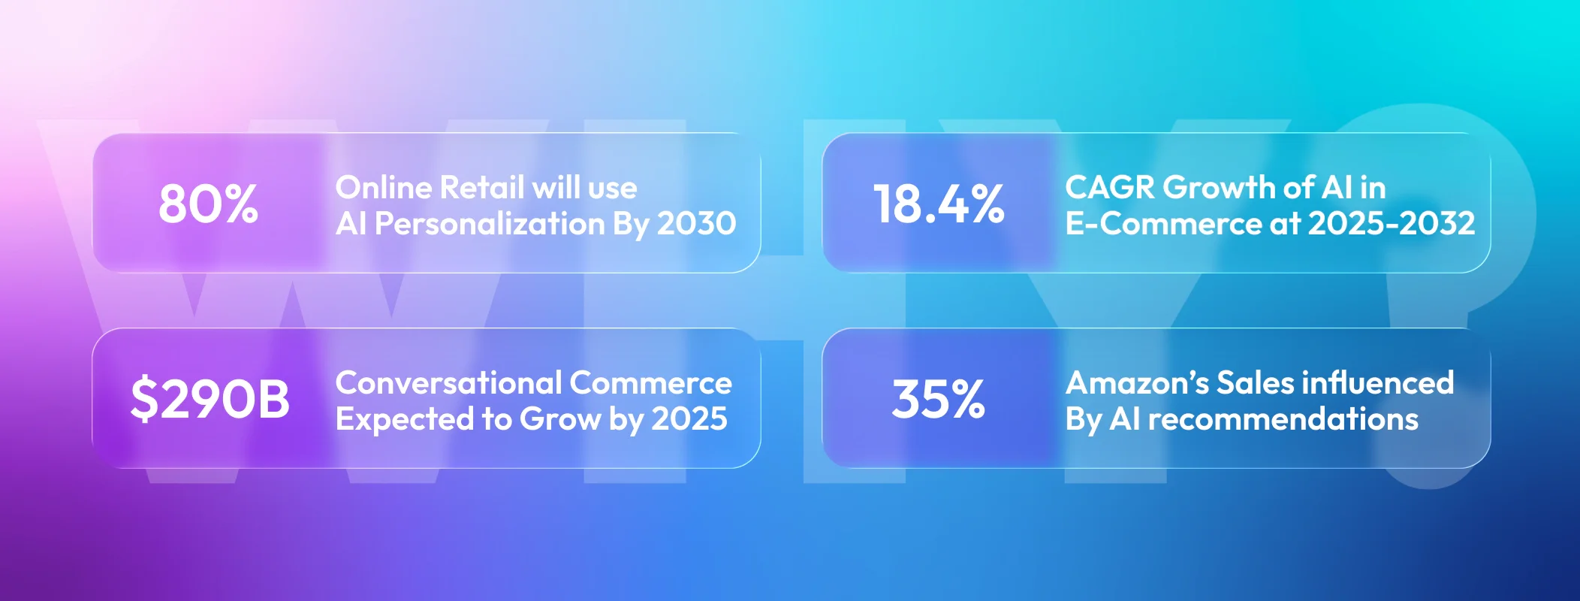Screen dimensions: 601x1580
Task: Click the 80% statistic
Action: click(x=208, y=204)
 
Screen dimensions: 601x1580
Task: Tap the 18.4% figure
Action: click(x=939, y=204)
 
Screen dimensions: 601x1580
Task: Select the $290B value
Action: click(x=210, y=399)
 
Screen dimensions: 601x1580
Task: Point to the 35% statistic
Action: click(x=939, y=399)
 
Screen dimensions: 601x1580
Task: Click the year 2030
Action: click(x=696, y=224)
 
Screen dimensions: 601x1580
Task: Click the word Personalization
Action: click(x=490, y=225)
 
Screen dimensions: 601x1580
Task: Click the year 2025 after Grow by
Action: click(x=689, y=419)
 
